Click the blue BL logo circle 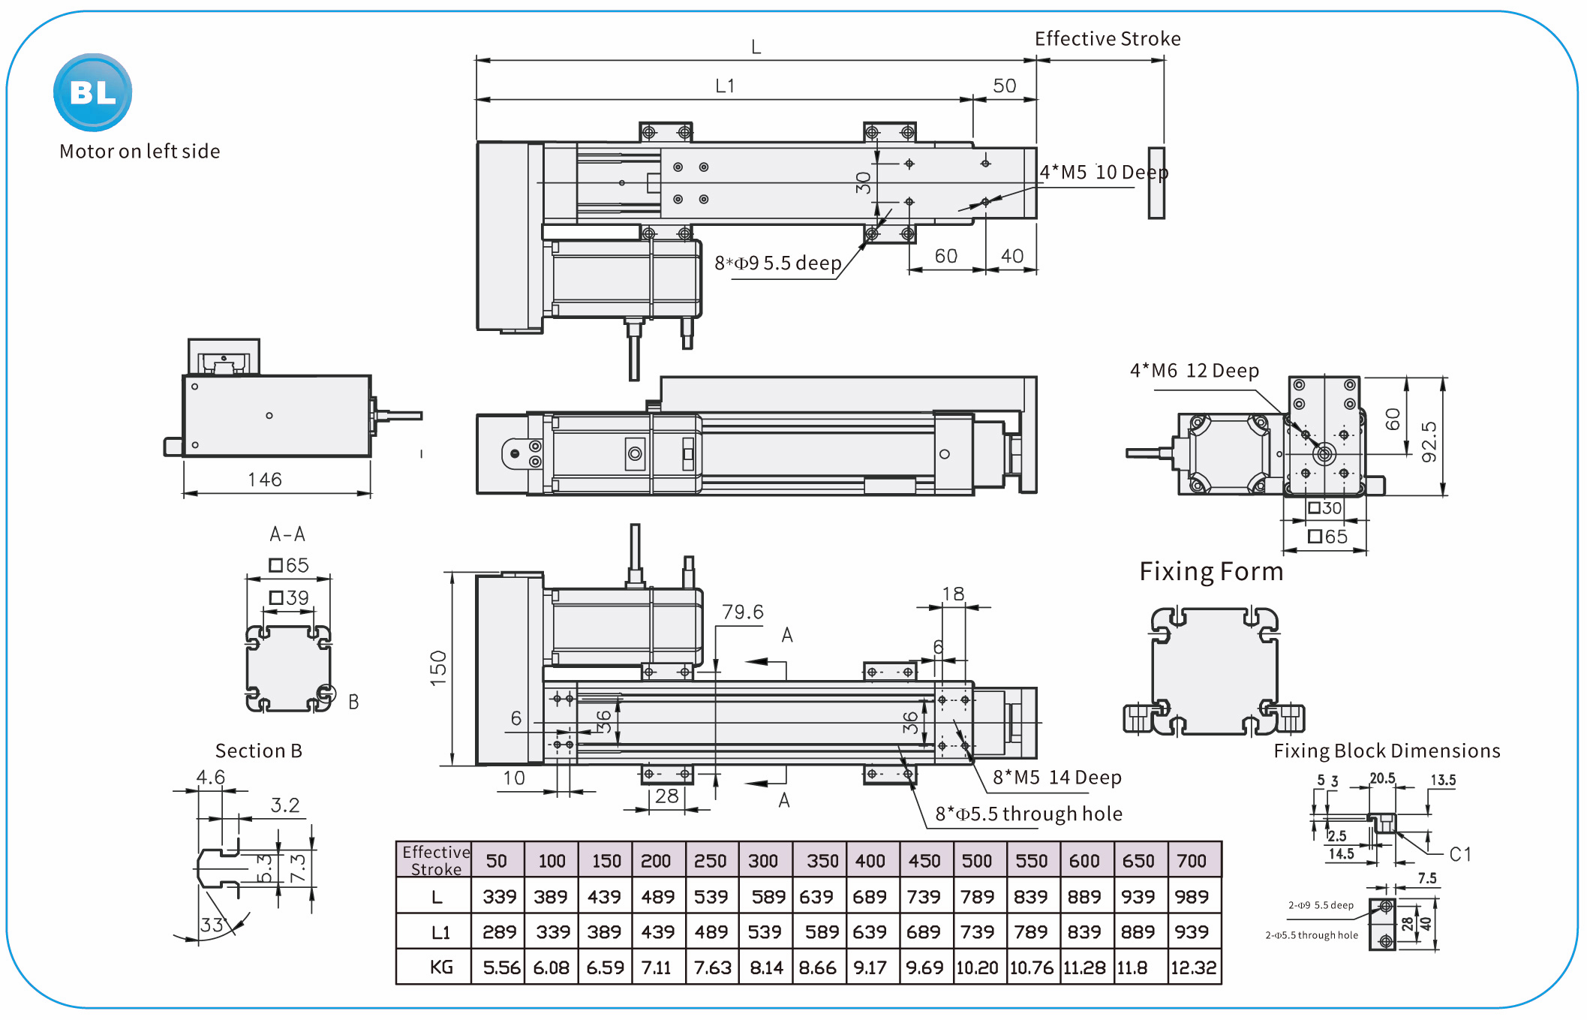point(93,92)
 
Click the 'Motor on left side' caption point(140,152)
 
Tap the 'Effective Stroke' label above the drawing point(1107,39)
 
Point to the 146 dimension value point(265,480)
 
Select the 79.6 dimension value point(742,612)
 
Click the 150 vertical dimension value point(438,667)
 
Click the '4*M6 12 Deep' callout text point(1194,371)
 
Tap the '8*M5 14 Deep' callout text point(1056,778)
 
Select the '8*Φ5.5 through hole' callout point(1028,814)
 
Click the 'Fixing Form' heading point(1211,572)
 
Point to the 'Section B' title point(258,751)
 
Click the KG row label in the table point(441,967)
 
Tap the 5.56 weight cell point(501,967)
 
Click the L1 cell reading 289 point(499,932)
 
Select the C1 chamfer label point(1459,854)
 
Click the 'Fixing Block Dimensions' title point(1387,751)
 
